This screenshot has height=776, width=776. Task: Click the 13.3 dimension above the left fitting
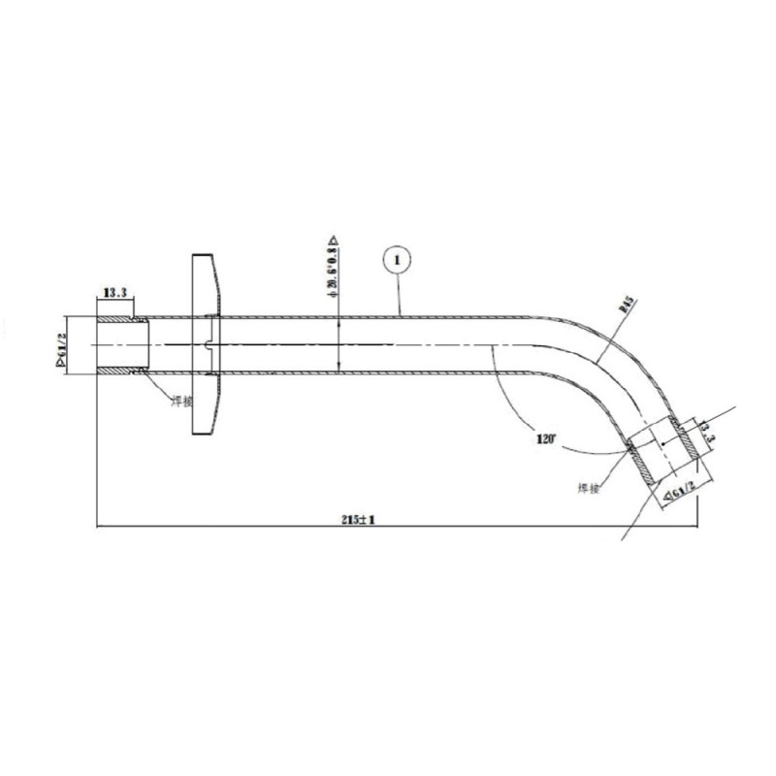tap(114, 291)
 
